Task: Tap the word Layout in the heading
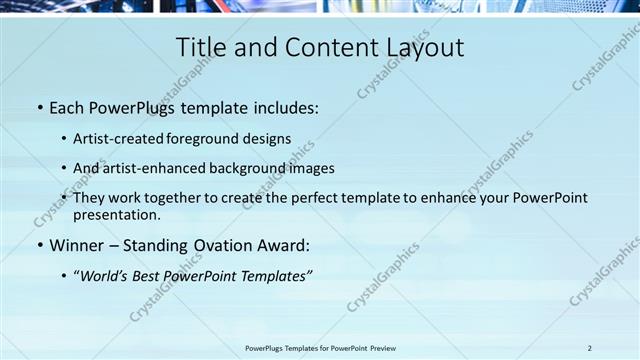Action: [x=422, y=47]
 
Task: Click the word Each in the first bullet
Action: [x=66, y=106]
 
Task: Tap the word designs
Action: [x=269, y=138]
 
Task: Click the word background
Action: [x=246, y=168]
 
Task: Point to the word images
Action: [x=311, y=168]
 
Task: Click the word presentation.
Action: [x=116, y=214]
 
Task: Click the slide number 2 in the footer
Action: [x=590, y=348]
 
